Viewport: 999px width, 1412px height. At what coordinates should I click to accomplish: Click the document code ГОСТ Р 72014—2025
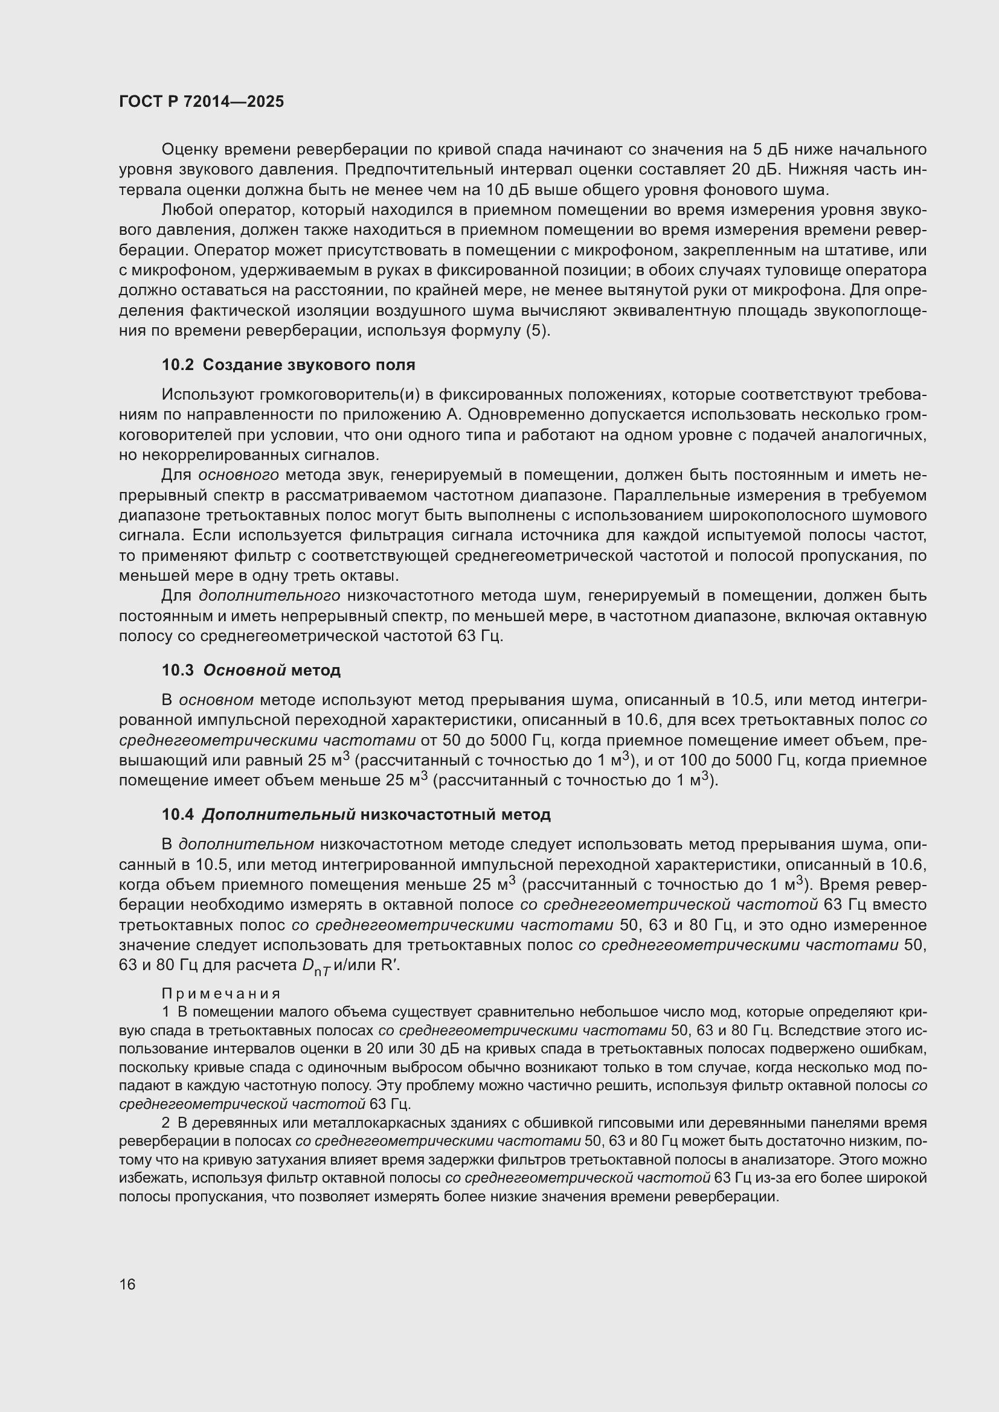tap(201, 102)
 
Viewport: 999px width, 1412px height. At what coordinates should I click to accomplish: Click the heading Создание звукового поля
tap(309, 365)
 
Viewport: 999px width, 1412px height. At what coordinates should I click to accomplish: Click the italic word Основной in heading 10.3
tap(244, 669)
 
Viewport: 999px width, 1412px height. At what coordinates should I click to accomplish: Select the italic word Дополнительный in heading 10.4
tap(278, 815)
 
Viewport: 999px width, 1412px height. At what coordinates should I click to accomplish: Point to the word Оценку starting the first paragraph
tap(190, 150)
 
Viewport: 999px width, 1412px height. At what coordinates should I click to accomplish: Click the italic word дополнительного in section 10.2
tap(269, 596)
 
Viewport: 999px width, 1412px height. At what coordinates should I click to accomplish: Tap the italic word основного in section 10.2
tap(238, 475)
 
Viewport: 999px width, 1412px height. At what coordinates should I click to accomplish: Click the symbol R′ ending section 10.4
tap(390, 965)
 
